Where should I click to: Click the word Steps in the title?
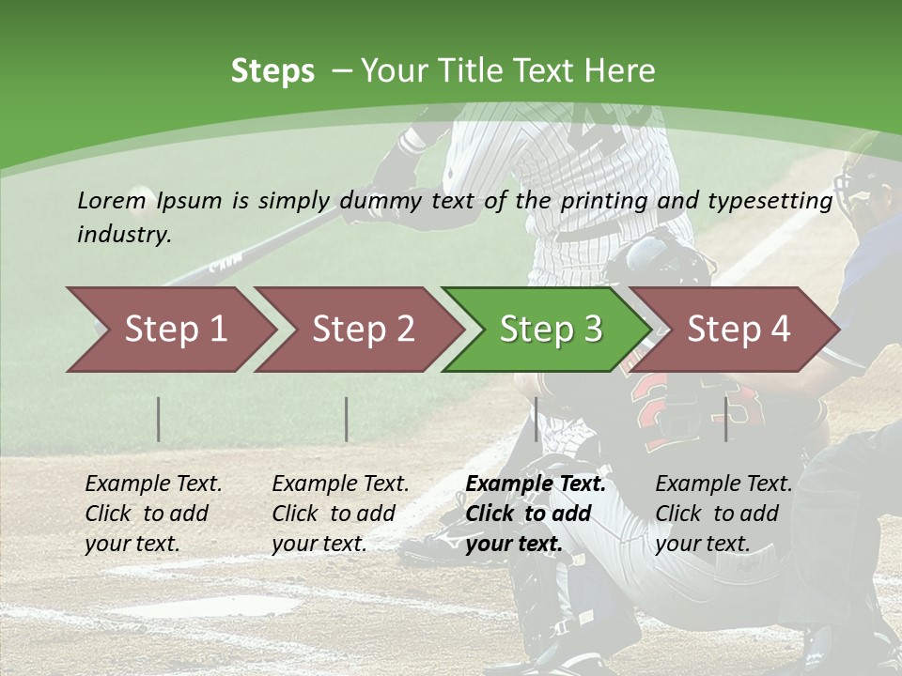(x=272, y=71)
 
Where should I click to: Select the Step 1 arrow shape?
(x=175, y=330)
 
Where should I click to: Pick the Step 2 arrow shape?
(x=363, y=330)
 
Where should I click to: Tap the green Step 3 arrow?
(x=550, y=330)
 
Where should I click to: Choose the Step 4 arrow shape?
(x=738, y=330)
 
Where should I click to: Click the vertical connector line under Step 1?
(x=159, y=419)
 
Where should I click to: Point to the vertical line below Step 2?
(x=347, y=419)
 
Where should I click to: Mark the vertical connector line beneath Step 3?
(x=537, y=419)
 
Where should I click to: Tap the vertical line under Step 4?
(x=726, y=419)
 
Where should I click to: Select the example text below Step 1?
(x=152, y=514)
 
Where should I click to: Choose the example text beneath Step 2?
(x=339, y=514)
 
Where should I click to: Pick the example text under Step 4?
(x=723, y=514)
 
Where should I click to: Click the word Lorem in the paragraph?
(x=112, y=201)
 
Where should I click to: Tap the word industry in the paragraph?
(x=123, y=235)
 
